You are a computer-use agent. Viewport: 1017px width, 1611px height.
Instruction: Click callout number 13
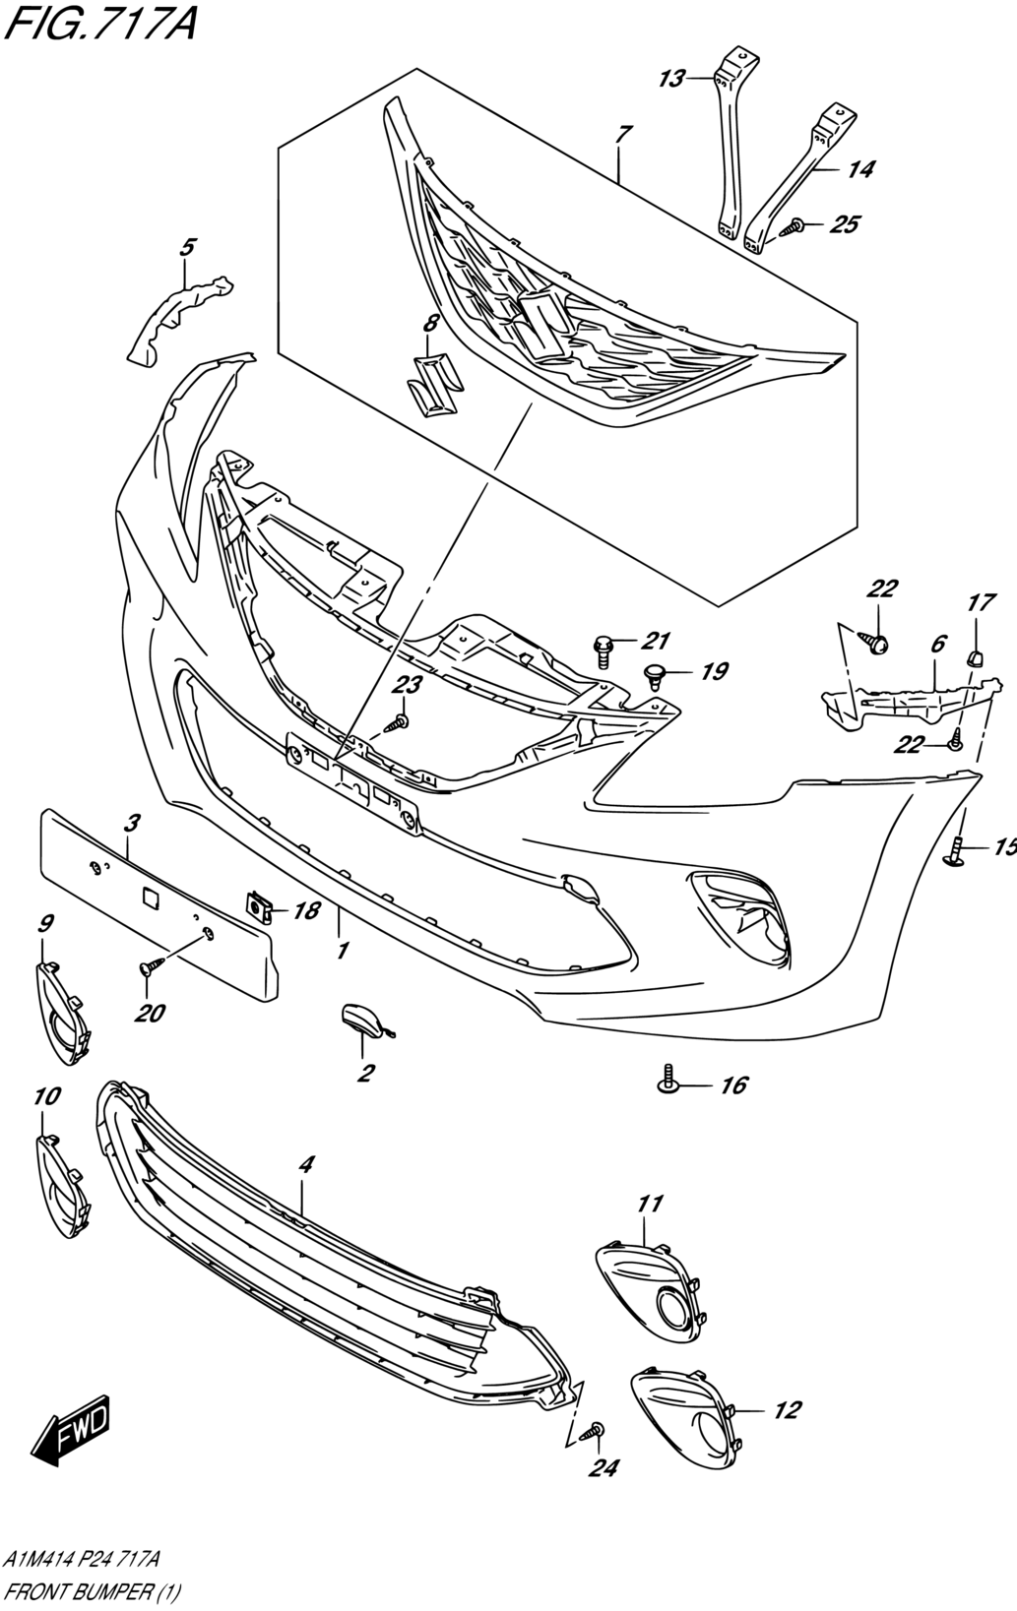click(670, 79)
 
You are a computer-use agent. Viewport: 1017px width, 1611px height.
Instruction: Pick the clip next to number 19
click(655, 673)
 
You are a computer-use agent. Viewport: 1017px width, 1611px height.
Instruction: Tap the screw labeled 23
click(399, 723)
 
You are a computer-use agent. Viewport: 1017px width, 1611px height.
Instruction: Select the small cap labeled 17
click(975, 657)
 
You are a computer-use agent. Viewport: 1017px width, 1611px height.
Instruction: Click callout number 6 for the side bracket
click(937, 644)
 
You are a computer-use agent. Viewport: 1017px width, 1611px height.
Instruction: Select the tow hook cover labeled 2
click(362, 1021)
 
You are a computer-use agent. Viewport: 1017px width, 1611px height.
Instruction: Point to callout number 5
click(187, 247)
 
